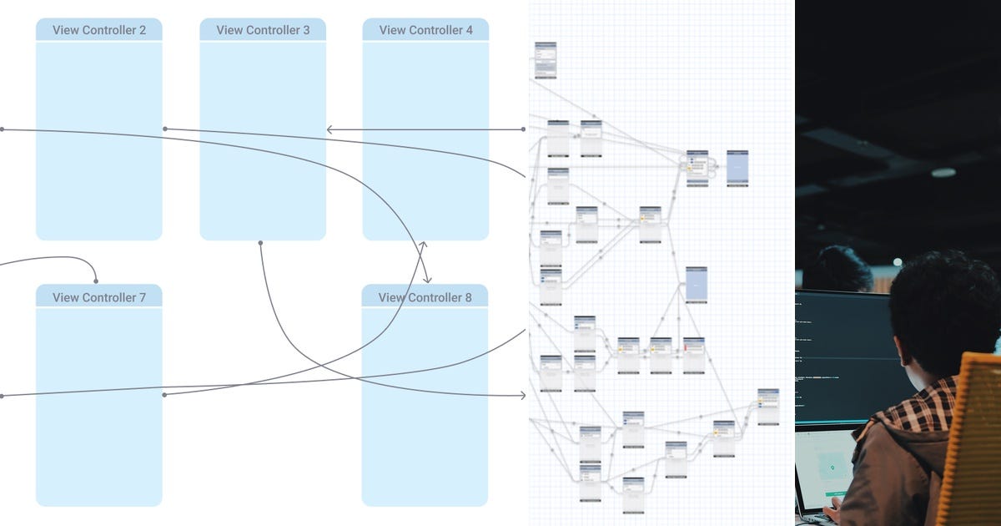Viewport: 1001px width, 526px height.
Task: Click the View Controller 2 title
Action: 99,30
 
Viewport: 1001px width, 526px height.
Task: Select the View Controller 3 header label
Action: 263,30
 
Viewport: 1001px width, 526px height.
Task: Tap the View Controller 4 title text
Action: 425,30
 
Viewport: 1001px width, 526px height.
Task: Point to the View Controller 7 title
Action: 99,297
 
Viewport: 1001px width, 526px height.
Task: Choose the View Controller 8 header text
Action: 425,297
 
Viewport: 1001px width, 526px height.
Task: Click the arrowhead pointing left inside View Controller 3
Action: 329,129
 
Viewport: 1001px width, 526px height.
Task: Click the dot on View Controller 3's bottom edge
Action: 260,243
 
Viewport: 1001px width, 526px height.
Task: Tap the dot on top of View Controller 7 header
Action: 96,281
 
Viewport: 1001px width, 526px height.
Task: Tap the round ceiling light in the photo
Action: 943,173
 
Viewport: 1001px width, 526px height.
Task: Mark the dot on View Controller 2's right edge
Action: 165,129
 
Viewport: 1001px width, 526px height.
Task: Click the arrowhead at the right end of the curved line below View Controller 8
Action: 523,395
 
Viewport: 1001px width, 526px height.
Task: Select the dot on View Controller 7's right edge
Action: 164,394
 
